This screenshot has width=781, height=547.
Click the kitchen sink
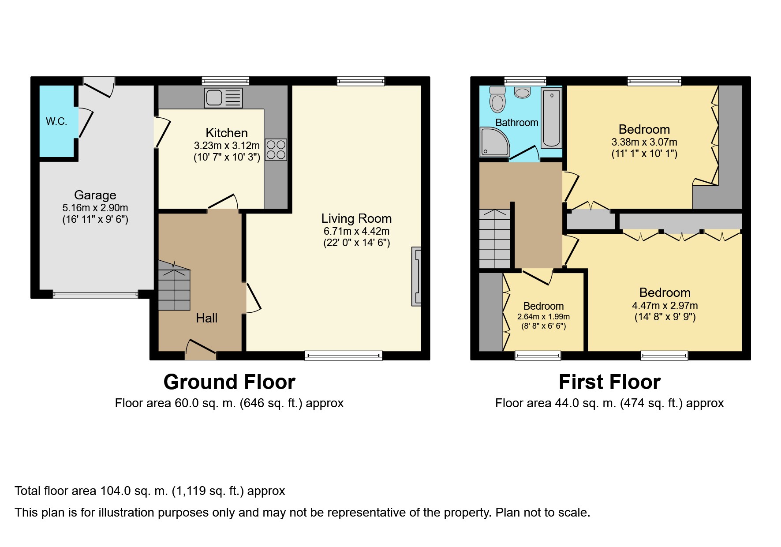coord(224,98)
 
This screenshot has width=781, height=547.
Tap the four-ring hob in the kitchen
coord(276,150)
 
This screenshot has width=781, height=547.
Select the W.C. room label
coord(56,121)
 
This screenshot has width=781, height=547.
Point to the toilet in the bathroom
coord(497,99)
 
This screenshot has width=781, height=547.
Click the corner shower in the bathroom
coord(494,142)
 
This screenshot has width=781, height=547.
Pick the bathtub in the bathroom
coord(551,118)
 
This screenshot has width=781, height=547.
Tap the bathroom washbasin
coord(523,92)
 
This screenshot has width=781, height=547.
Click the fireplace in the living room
coord(416,276)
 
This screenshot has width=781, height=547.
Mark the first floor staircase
coord(495,239)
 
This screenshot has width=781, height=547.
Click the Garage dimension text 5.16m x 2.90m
coord(95,208)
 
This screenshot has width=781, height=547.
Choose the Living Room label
coord(356,218)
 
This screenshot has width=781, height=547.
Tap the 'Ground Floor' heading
coord(229,382)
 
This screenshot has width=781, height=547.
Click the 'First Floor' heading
coord(609,382)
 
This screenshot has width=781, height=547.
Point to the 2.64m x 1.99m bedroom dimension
coord(543,317)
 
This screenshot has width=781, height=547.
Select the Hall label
coord(207,318)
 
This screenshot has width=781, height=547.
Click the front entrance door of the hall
coord(201,348)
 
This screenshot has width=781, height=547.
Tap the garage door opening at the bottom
coord(95,295)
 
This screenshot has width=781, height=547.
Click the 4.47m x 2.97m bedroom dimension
coord(665,305)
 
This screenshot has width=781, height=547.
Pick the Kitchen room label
coord(227,133)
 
